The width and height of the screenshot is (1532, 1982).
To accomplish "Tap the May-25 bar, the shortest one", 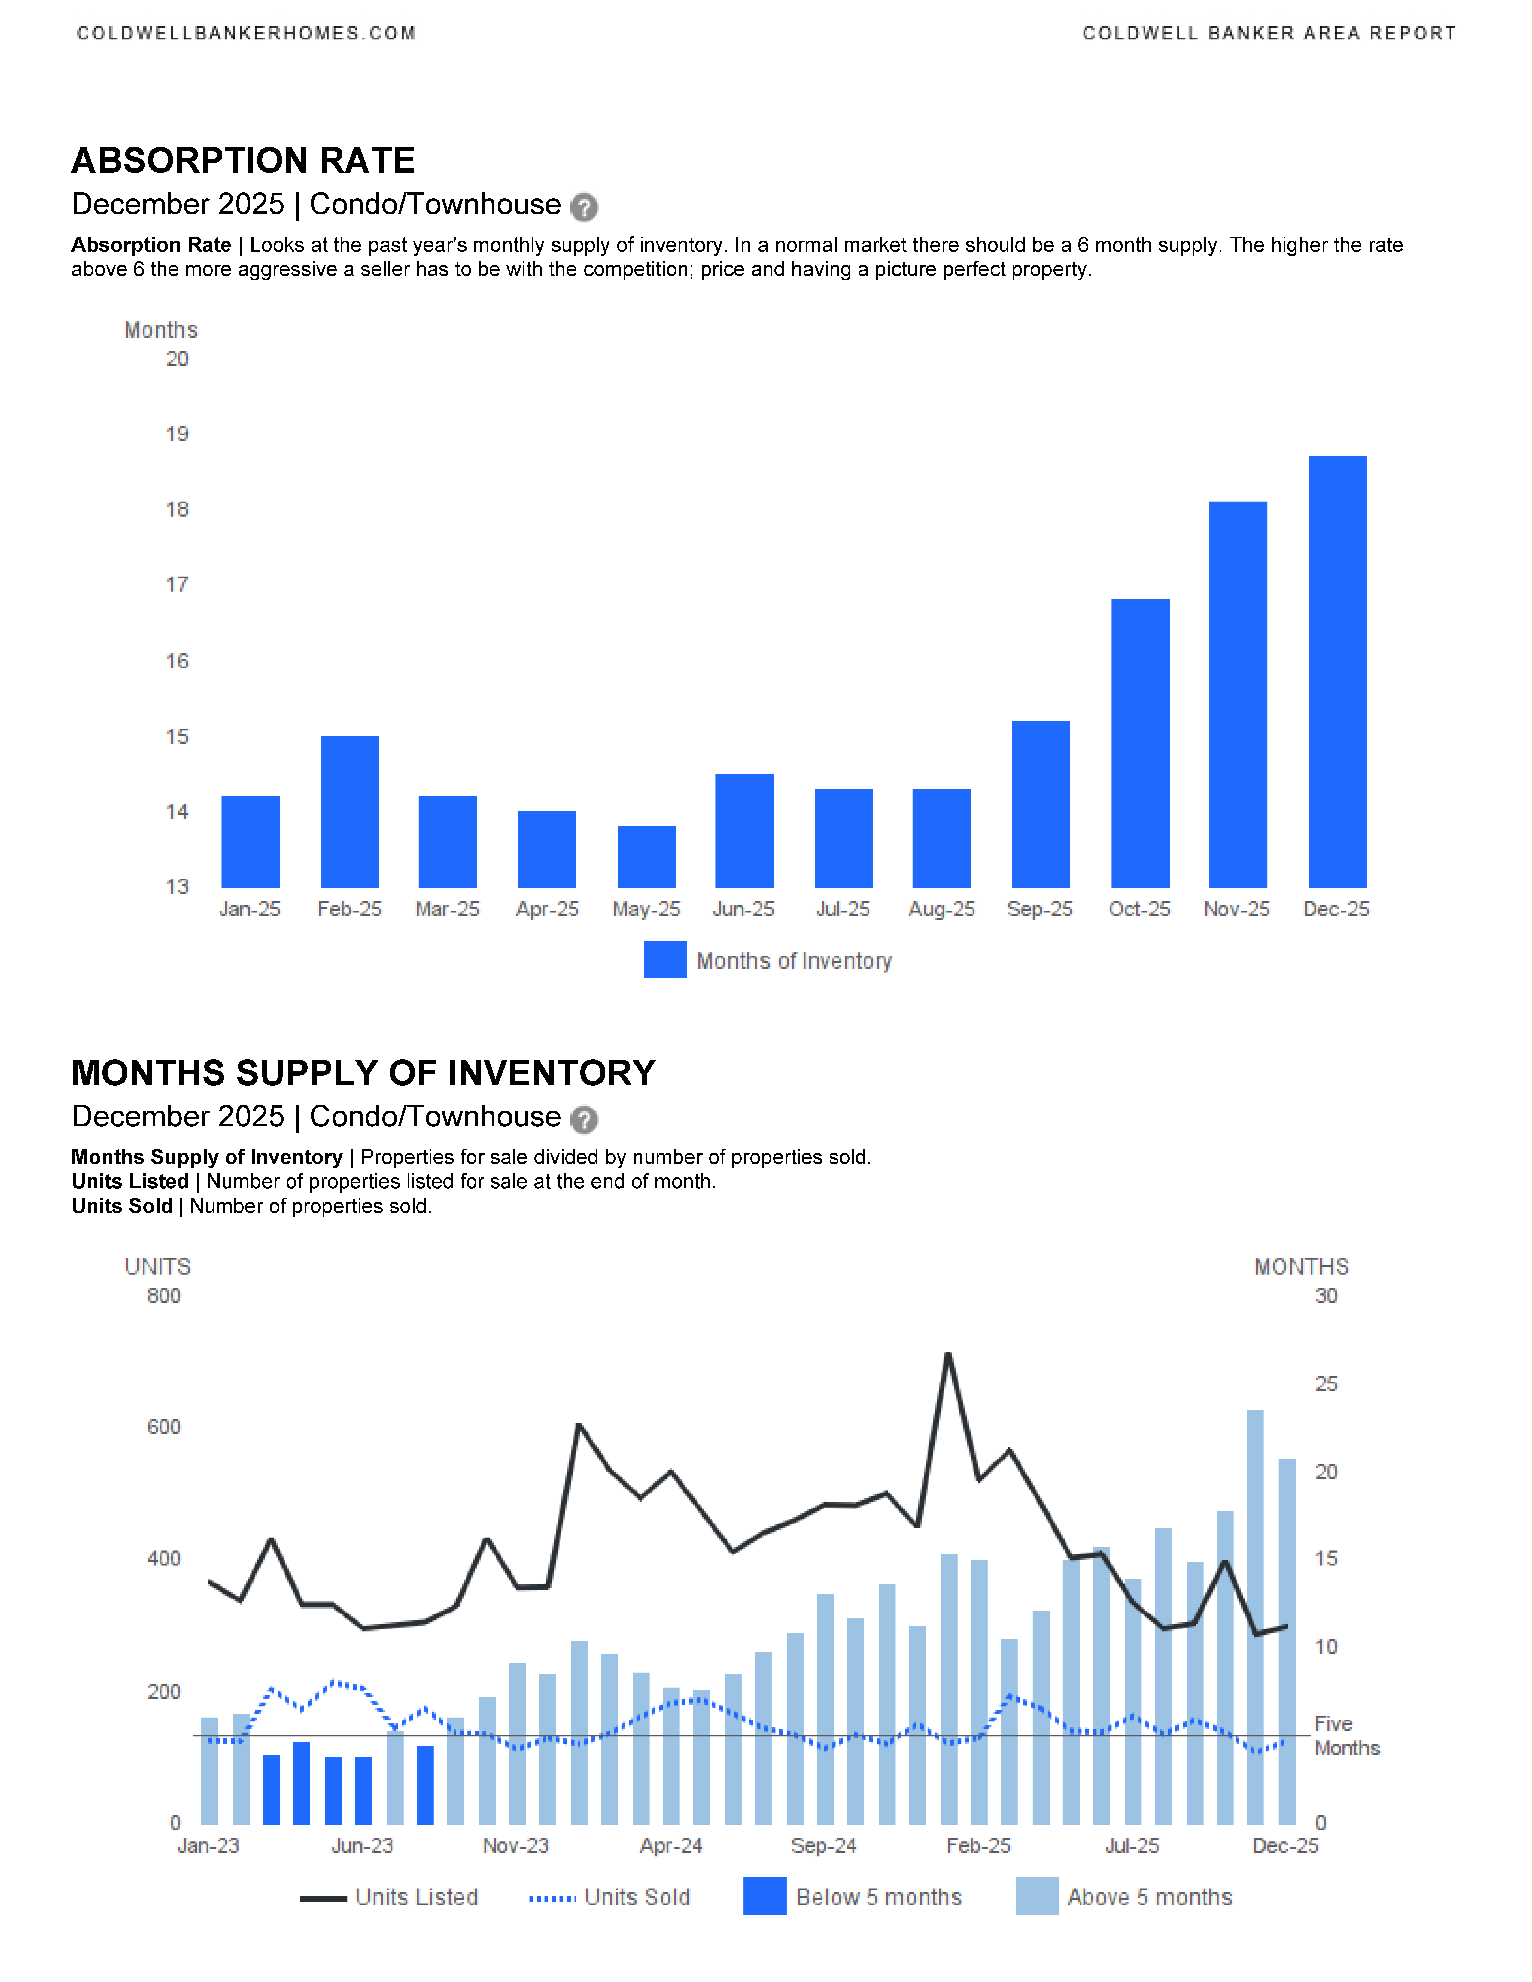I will pyautogui.click(x=646, y=857).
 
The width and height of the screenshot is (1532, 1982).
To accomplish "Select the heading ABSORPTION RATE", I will pyautogui.click(x=243, y=161).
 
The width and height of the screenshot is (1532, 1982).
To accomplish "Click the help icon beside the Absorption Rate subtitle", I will pyautogui.click(x=584, y=208).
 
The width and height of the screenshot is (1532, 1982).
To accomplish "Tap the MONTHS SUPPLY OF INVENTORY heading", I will pyautogui.click(x=363, y=1073).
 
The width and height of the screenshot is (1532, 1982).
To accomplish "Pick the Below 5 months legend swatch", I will pyautogui.click(x=764, y=1897).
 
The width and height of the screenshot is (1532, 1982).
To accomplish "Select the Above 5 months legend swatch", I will pyautogui.click(x=1036, y=1897).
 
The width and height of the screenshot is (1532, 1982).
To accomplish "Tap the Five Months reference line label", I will pyautogui.click(x=1346, y=1736).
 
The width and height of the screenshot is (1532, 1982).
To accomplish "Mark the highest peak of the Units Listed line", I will pyautogui.click(x=948, y=1354).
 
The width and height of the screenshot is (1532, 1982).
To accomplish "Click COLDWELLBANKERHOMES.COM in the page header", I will pyautogui.click(x=246, y=34).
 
